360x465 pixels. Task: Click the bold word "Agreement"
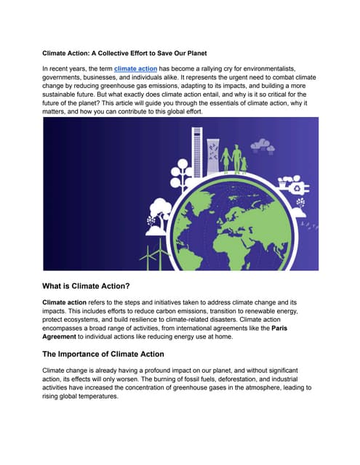click(x=67, y=337)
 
